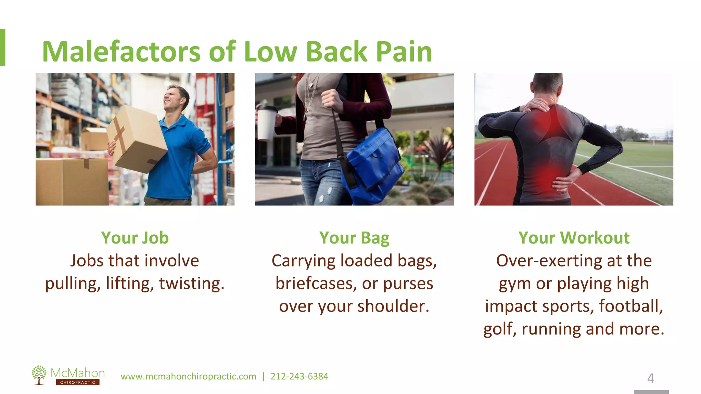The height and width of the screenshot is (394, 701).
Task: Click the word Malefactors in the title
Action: (121, 52)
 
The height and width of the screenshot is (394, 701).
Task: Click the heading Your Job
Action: (135, 238)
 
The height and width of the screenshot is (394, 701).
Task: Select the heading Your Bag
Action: (354, 238)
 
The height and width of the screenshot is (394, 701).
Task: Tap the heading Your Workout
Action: (574, 238)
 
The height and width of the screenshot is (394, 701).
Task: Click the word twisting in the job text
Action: (191, 284)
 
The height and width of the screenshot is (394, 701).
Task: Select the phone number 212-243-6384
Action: (299, 377)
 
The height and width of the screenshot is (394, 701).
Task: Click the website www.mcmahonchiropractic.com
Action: (188, 377)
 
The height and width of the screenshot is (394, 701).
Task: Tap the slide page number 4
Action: (650, 378)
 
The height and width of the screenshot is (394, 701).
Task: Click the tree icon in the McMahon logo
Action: (39, 375)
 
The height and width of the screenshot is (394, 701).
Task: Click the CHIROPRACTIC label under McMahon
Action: (78, 382)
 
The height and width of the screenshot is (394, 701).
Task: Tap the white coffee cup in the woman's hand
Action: (267, 123)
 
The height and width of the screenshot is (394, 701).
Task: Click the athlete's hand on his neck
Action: (536, 104)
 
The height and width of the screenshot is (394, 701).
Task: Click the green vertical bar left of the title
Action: (2, 47)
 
